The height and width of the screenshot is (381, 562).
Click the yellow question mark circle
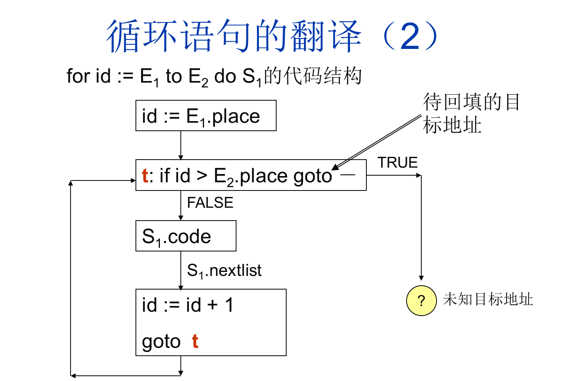(421, 300)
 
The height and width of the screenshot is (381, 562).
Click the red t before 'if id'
(145, 176)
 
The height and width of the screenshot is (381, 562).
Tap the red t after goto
(195, 341)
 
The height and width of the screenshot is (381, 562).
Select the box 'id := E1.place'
(206, 116)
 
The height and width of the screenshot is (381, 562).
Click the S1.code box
(186, 236)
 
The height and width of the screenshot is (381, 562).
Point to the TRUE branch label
(398, 162)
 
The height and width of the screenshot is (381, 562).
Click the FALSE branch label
(210, 203)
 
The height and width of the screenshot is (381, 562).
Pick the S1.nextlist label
(224, 271)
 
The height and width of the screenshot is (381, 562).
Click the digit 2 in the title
(410, 36)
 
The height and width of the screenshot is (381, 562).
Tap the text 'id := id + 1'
(188, 305)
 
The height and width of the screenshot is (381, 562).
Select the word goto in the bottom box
(161, 342)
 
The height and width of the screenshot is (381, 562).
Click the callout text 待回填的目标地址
(471, 113)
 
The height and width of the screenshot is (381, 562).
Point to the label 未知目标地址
(488, 300)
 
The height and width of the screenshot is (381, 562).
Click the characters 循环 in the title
(142, 36)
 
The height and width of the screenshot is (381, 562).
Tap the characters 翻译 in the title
(325, 36)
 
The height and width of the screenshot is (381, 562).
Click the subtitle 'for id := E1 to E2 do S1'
(164, 76)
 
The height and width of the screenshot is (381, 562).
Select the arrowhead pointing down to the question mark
(421, 278)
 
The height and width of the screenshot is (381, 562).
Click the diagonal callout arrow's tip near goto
(334, 168)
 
